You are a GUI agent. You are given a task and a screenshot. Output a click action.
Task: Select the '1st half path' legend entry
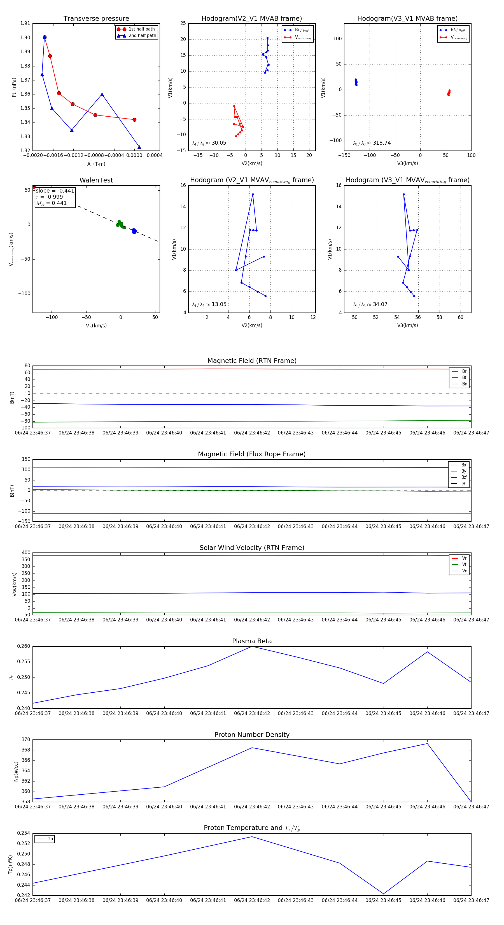[x=141, y=29]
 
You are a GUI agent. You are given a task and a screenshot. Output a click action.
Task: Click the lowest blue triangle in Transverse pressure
[x=139, y=147]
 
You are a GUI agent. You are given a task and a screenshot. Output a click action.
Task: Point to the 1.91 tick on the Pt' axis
[x=25, y=23]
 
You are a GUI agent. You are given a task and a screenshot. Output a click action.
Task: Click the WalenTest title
[x=96, y=180]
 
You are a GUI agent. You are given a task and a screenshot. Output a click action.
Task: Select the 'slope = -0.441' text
[x=55, y=191]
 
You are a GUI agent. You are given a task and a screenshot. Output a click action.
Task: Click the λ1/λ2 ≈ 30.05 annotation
[x=209, y=143]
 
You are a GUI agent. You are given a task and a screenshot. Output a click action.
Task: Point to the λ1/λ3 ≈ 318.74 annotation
[x=372, y=143]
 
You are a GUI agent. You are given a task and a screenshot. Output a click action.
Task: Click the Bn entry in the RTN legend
[x=464, y=384]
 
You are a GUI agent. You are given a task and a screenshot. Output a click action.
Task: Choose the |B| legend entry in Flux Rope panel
[x=463, y=484]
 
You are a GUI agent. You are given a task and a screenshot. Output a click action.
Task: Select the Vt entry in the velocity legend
[x=464, y=565]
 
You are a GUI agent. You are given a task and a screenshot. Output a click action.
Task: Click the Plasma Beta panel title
[x=252, y=641]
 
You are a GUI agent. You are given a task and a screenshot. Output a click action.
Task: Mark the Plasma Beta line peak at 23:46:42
[x=252, y=646]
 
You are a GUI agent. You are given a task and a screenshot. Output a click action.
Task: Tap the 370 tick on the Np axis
[x=26, y=740]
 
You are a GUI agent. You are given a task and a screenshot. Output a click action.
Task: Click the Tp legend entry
[x=50, y=839]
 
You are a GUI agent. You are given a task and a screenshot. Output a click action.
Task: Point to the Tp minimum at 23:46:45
[x=384, y=894]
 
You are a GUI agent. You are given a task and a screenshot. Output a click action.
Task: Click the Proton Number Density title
[x=252, y=734]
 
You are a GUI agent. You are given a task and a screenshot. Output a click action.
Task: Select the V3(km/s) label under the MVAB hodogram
[x=407, y=163]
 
